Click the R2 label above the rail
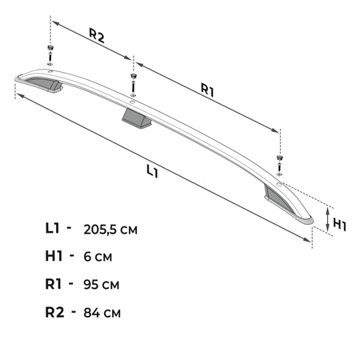point(97,35)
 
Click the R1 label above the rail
point(207,91)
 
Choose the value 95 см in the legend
point(103,283)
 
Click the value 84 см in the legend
point(103,310)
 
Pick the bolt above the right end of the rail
point(278,160)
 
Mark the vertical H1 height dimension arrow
point(328,218)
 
